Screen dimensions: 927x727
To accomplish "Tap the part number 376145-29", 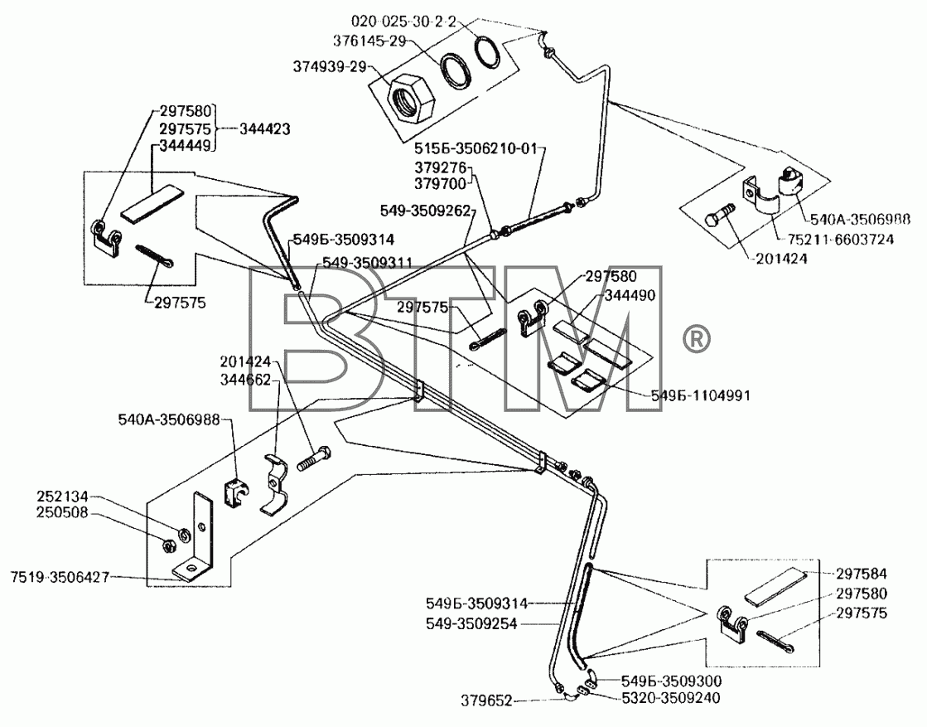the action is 369,41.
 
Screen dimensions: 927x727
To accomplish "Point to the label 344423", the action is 264,128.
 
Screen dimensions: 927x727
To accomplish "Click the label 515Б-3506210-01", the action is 476,148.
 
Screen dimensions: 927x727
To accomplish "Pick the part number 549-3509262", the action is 425,210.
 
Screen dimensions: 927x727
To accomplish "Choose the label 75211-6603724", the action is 840,239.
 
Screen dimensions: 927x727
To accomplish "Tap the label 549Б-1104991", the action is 701,395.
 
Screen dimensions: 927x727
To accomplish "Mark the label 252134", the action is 62,497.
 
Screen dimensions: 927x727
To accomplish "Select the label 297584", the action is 862,573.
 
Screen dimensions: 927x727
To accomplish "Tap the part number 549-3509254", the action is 471,623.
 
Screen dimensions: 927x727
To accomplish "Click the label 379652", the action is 486,701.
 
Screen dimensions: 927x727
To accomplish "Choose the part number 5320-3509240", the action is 671,698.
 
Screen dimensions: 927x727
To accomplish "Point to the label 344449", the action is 185,145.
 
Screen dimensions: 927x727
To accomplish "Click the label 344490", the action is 630,294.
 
